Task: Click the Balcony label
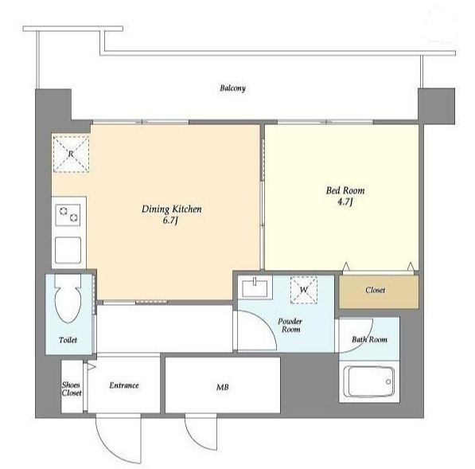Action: pos(232,88)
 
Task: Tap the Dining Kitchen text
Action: pos(171,209)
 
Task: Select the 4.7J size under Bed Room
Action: pos(345,202)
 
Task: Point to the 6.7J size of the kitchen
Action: pos(170,221)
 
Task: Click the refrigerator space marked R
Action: pos(71,154)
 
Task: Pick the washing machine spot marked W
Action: pos(304,290)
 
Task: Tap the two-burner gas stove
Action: pos(68,215)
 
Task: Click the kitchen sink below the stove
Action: pos(68,250)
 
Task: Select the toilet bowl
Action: pos(68,299)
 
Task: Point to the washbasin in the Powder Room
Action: pos(255,288)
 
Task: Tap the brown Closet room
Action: pos(379,291)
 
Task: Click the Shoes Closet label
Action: pos(72,389)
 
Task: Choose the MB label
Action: pos(222,387)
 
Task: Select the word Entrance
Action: pos(124,385)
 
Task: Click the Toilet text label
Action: pos(68,340)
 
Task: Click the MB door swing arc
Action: pos(194,440)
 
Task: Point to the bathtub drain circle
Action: pos(388,381)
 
